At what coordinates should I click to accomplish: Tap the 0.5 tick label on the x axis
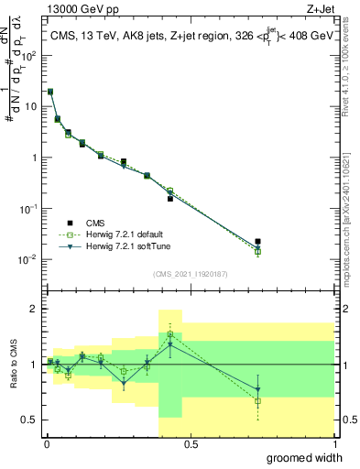click(x=191, y=443)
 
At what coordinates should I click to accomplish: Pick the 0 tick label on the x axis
click(x=46, y=443)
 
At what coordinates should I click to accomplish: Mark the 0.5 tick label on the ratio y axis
click(x=28, y=420)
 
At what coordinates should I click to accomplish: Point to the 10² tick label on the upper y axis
click(x=28, y=54)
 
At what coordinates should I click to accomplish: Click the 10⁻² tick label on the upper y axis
click(x=28, y=259)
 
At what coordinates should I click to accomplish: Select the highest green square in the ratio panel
click(x=170, y=335)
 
